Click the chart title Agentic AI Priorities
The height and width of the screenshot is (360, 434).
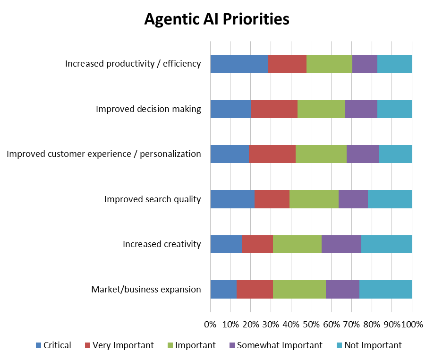click(217, 19)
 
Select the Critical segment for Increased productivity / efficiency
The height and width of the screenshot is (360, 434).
click(239, 63)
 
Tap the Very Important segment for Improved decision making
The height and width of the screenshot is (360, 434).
click(274, 109)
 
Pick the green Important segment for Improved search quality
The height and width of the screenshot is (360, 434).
click(314, 199)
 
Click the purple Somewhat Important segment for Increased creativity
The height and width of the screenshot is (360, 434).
click(341, 244)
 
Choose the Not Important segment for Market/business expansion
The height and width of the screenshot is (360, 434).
click(385, 290)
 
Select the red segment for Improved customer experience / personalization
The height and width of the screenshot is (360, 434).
click(272, 154)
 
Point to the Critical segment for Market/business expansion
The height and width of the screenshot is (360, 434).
click(223, 290)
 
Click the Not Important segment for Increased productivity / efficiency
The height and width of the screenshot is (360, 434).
click(394, 63)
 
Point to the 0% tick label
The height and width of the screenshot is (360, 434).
click(210, 325)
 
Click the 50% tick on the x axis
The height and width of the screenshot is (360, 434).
click(311, 325)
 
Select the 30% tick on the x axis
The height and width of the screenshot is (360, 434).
click(271, 325)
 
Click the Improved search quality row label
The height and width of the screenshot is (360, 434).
click(153, 199)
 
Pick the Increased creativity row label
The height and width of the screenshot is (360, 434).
click(162, 244)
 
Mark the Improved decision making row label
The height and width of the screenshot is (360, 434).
click(148, 109)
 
